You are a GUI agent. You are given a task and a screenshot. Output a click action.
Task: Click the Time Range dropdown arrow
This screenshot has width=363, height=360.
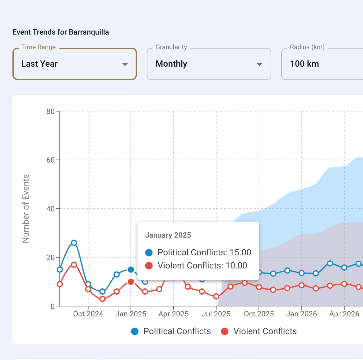click(125, 64)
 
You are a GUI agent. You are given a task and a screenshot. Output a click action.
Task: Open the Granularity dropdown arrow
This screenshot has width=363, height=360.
click(259, 64)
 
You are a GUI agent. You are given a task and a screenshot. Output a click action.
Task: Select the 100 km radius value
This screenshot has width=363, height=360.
click(304, 64)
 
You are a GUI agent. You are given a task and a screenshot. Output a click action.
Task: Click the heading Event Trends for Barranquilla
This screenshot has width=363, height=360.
click(61, 32)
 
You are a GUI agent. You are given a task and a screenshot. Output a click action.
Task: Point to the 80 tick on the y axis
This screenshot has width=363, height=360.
click(50, 111)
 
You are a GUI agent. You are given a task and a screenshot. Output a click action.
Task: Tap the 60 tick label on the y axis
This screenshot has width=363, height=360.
click(50, 160)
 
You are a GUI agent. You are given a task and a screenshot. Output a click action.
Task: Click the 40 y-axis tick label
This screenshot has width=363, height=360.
click(50, 209)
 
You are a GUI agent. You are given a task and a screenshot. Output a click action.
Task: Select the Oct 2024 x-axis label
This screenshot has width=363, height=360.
click(88, 314)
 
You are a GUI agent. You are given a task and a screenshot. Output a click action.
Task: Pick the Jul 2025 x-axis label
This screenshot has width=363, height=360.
click(216, 314)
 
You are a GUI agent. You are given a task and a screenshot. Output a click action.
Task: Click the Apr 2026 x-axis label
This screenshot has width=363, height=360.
click(344, 314)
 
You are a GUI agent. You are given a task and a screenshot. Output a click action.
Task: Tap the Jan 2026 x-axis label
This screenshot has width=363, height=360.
click(301, 314)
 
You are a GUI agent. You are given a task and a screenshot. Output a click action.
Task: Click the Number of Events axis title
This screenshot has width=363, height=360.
click(26, 209)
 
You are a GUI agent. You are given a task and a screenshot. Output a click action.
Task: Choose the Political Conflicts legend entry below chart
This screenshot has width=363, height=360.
click(171, 331)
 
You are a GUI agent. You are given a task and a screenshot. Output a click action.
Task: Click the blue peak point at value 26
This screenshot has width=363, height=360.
click(74, 243)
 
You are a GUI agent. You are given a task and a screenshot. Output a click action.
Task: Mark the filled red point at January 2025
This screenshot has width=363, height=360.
click(131, 282)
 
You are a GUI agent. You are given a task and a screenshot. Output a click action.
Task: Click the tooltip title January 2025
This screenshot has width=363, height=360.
click(168, 235)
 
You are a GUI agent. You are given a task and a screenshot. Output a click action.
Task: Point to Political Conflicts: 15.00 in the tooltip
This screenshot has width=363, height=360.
click(204, 253)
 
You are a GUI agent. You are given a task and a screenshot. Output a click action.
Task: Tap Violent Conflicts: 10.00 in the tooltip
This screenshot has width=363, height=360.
click(202, 266)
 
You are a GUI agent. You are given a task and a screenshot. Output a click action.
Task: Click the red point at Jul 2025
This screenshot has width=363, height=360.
click(216, 296)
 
